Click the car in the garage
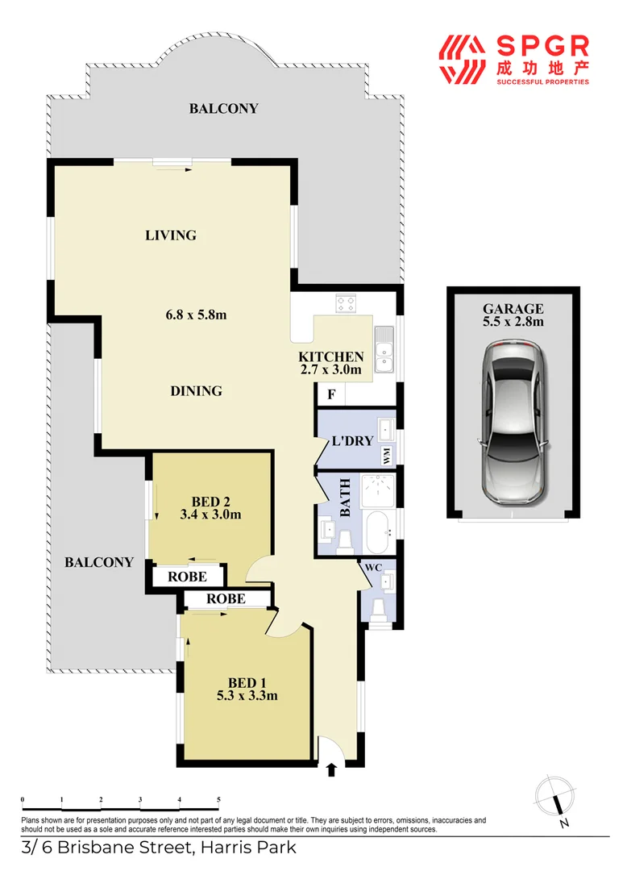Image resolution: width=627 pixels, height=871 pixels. [x=513, y=423]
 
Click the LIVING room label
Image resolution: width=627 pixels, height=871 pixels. [x=171, y=235]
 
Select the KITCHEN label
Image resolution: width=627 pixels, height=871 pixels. [x=331, y=356]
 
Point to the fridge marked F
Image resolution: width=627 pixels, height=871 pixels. [x=330, y=395]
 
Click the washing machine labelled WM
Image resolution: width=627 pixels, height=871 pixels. [x=388, y=456]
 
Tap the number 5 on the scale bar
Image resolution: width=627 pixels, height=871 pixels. [x=218, y=799]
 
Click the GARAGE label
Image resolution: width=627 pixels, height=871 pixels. [x=513, y=308]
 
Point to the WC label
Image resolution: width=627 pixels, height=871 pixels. [x=373, y=568]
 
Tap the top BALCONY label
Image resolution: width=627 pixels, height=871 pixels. [x=223, y=108]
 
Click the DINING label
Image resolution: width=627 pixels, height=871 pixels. [x=196, y=391]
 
